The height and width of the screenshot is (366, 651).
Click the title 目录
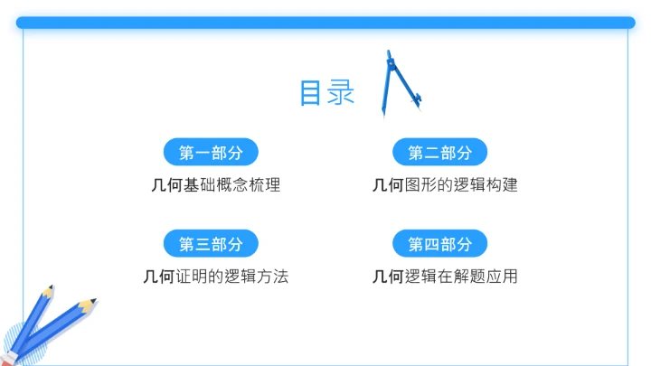326,93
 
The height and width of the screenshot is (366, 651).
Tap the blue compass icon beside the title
398,84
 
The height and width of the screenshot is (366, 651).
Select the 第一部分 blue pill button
212,152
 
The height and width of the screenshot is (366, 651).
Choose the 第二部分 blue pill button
440,152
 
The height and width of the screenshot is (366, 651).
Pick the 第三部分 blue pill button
212,244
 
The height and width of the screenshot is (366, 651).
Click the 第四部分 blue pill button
440,244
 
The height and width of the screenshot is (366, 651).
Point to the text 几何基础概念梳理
216,185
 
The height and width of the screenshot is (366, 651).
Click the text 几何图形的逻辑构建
445,185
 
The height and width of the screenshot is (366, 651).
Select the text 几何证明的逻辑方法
216,277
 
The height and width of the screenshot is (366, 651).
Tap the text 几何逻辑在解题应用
445,277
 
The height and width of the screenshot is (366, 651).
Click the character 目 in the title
312,93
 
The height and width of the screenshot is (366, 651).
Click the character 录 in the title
341,93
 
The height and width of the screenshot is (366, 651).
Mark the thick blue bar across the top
325,23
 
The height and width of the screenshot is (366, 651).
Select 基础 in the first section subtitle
200,185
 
